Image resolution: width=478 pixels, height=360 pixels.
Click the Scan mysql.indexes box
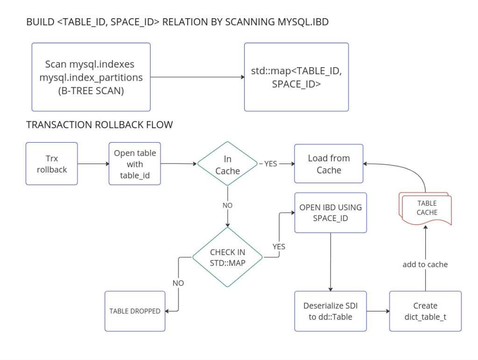pos(91,77)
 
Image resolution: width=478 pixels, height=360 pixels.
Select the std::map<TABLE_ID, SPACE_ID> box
pos(296,77)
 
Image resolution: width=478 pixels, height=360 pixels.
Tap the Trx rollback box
pos(52,164)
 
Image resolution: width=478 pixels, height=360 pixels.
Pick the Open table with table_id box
pos(134,164)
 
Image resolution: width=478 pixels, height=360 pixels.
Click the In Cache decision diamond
pos(227,165)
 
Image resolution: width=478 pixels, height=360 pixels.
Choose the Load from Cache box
pos(329,164)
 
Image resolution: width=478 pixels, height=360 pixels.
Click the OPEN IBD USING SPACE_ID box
pos(330,212)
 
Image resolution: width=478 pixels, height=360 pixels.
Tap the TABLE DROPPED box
pos(135,311)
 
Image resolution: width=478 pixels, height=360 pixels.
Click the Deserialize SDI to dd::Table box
pos(330,311)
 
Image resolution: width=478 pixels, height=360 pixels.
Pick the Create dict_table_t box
pos(425,311)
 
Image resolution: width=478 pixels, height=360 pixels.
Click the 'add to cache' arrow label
pos(425,264)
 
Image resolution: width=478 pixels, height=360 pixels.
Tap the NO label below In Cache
pos(227,205)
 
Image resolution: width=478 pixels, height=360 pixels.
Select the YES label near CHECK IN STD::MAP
pos(278,246)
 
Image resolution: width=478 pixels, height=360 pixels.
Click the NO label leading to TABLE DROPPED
pos(178,283)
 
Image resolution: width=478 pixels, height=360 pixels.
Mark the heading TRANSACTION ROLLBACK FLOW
pos(99,125)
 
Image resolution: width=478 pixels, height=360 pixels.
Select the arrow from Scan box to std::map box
pos(197,77)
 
